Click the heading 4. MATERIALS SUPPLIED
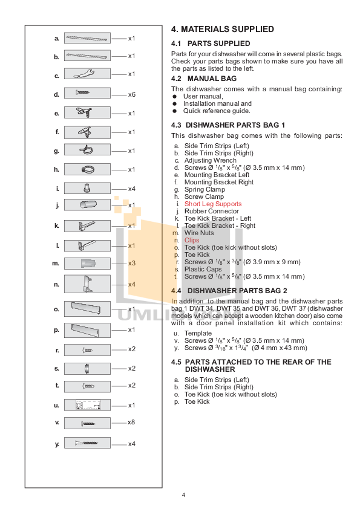(223, 29)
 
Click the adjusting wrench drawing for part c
(87, 75)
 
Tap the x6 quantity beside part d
(131, 94)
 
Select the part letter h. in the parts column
(56, 170)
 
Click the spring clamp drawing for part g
(87, 151)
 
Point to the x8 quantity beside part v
(131, 423)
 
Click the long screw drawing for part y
(87, 444)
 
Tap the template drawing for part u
(87, 405)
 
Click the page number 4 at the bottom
(183, 496)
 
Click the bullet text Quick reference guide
(217, 111)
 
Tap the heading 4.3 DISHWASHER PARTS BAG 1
(228, 125)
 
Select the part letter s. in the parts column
(56, 368)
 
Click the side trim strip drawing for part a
(87, 38)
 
